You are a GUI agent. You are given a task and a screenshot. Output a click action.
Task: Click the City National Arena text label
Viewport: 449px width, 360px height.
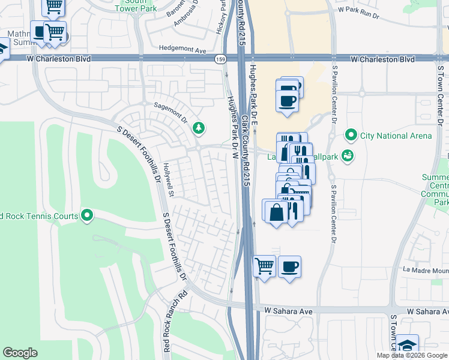(396, 136)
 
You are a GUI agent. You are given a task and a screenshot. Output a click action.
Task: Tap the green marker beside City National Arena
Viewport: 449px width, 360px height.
(351, 136)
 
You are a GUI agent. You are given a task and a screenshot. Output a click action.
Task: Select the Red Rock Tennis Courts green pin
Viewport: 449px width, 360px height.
(87, 215)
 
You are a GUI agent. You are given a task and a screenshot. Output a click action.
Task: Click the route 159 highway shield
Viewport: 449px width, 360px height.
(220, 59)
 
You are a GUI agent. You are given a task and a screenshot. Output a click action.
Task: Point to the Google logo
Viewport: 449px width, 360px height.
(20, 353)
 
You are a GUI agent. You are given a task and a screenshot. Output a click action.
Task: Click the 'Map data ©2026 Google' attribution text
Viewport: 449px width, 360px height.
(412, 355)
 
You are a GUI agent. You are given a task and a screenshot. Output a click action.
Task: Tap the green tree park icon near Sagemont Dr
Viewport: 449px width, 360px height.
(198, 128)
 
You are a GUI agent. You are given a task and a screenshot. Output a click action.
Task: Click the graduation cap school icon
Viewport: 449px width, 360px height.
(407, 346)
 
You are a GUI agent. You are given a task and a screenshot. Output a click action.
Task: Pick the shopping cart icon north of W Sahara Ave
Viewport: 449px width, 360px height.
(264, 266)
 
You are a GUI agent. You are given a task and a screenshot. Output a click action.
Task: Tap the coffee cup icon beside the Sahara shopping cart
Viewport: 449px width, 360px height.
(289, 266)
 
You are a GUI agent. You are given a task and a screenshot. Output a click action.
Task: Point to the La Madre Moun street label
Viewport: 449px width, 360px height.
(426, 270)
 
